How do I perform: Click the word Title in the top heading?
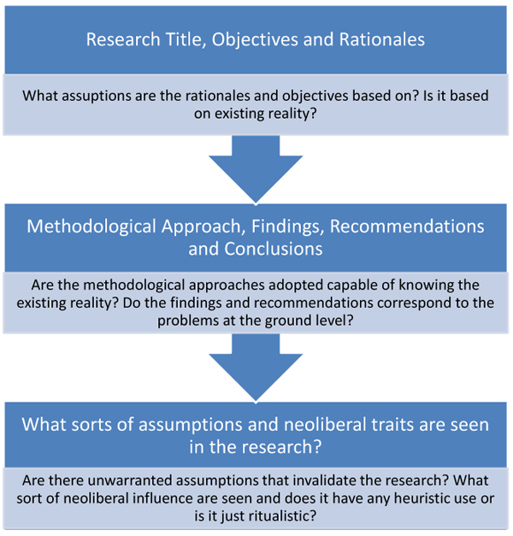[185, 39]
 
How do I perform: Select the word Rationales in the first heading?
[382, 39]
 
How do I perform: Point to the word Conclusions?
[274, 249]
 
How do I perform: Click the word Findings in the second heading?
[288, 227]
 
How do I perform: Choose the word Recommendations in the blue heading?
[407, 227]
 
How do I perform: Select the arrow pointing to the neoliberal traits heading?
[256, 368]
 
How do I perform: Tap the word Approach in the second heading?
[203, 227]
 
